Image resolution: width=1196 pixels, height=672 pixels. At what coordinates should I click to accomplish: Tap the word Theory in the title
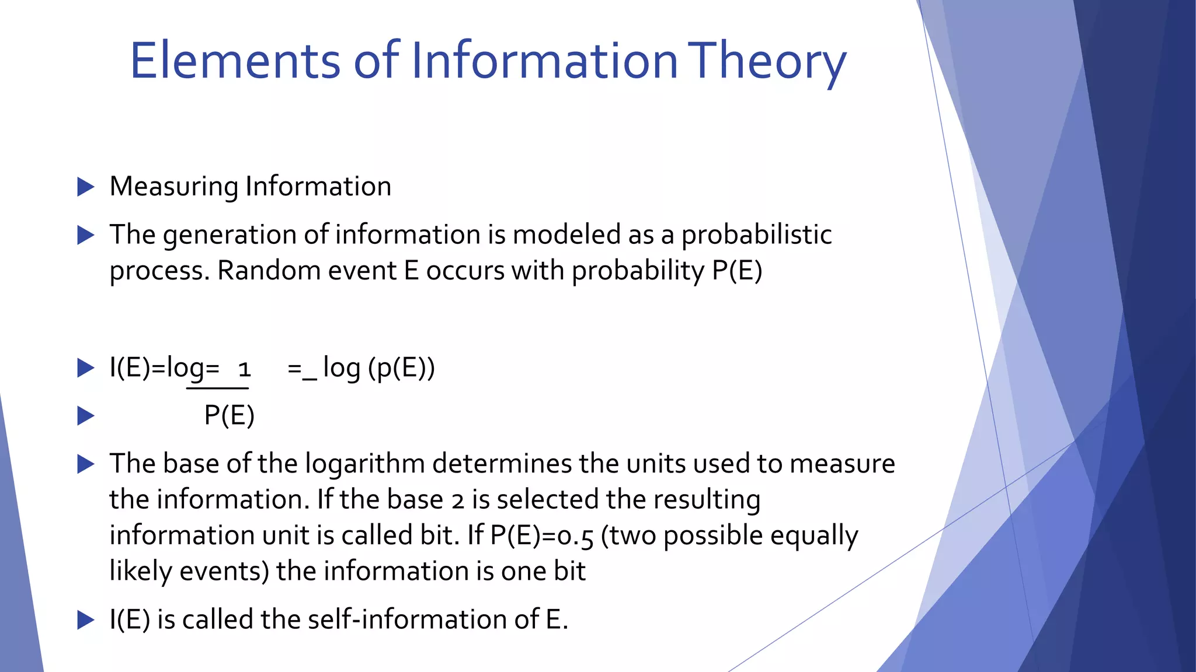(x=766, y=61)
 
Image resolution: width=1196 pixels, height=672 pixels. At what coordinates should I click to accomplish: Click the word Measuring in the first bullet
(x=173, y=187)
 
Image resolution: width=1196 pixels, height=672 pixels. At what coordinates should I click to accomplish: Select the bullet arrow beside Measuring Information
(x=86, y=187)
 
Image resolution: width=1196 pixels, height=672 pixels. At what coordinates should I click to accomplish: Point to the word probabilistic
(x=756, y=235)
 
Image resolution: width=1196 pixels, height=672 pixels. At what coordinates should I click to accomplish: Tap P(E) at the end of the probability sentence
(x=737, y=271)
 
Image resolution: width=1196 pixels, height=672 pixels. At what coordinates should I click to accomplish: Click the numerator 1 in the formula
(x=244, y=369)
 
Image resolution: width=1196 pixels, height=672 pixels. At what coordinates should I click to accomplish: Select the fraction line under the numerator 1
(x=218, y=388)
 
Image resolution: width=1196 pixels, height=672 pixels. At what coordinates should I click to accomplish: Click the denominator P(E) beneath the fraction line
(x=229, y=415)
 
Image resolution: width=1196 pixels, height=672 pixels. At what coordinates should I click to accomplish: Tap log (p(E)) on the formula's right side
(x=378, y=367)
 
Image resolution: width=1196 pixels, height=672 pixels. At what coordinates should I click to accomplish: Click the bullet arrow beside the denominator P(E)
(x=86, y=416)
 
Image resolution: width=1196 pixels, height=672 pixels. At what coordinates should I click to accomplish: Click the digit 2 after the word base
(x=458, y=501)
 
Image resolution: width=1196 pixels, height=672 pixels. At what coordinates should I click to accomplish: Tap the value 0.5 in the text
(x=575, y=536)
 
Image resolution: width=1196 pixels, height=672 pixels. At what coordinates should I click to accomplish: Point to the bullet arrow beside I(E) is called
(x=86, y=619)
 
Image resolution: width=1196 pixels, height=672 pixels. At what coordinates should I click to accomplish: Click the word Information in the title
(x=544, y=61)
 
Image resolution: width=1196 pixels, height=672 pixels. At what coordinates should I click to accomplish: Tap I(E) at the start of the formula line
(x=129, y=367)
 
